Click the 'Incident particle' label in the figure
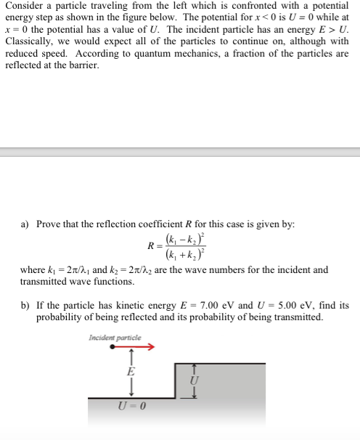click(115, 338)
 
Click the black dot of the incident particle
click(113, 347)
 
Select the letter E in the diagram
click(131, 371)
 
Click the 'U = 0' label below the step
click(131, 404)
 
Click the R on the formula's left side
click(151, 245)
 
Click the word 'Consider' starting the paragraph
click(24, 6)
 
